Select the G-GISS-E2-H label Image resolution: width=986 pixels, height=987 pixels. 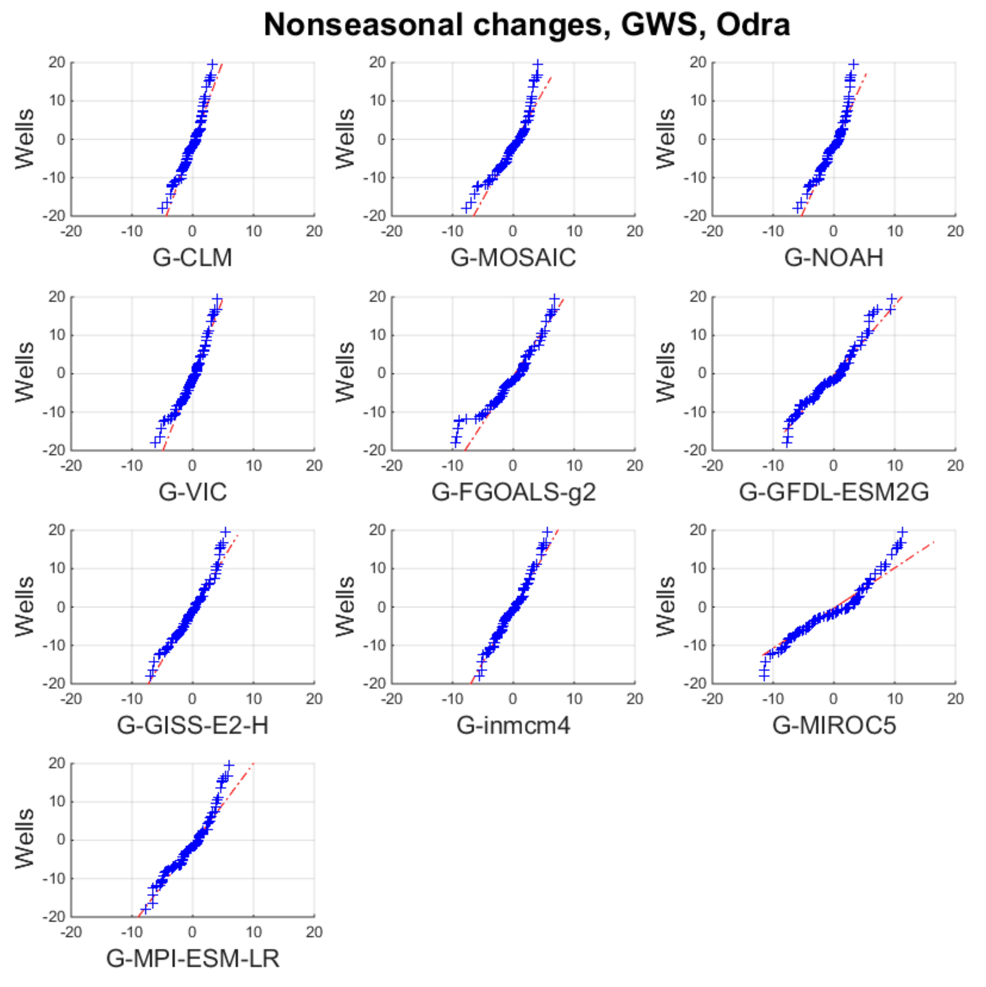(192, 725)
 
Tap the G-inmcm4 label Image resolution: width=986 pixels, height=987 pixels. (513, 725)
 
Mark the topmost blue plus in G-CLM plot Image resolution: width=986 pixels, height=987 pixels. (213, 64)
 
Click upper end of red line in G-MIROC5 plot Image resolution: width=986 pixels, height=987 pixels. (933, 541)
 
